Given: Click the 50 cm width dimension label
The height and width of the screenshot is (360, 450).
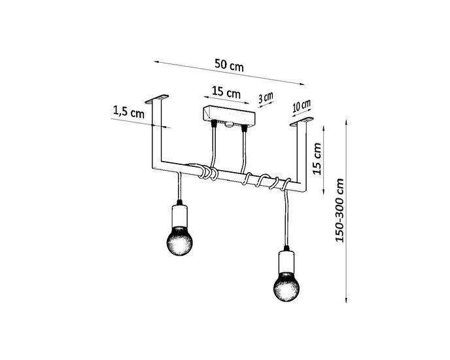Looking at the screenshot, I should pyautogui.click(x=229, y=65).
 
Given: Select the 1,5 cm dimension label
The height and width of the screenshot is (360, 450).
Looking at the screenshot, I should pyautogui.click(x=128, y=112).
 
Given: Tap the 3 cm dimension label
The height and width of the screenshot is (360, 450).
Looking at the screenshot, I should pyautogui.click(x=266, y=99).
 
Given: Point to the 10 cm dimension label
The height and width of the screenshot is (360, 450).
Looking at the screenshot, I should pyautogui.click(x=302, y=106).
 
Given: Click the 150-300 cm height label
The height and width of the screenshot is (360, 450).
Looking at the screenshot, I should pyautogui.click(x=339, y=210).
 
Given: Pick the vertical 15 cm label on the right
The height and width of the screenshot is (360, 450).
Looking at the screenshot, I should pyautogui.click(x=317, y=158).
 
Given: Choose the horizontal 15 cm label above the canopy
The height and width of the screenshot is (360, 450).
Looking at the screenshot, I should pyautogui.click(x=226, y=92).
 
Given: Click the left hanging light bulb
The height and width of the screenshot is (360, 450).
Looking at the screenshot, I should pyautogui.click(x=179, y=240).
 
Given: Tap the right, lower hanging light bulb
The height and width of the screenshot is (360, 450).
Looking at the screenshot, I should pyautogui.click(x=286, y=283).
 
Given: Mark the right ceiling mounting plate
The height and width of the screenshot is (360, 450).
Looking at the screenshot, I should pyautogui.click(x=302, y=122).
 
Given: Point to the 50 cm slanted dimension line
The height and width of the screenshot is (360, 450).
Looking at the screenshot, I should pyautogui.click(x=229, y=73).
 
